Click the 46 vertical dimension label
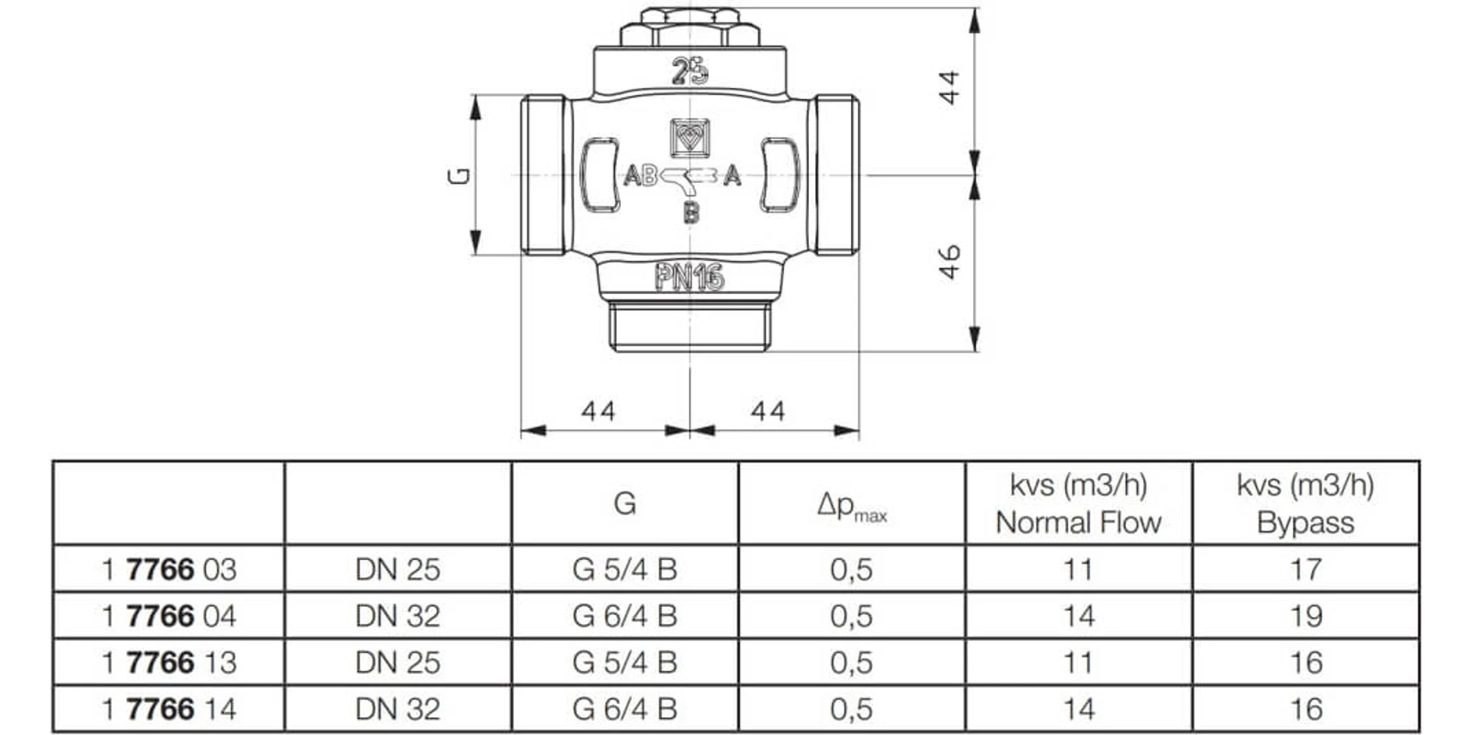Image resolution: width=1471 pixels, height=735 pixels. coord(950,262)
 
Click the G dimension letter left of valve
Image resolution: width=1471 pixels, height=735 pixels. coord(459,176)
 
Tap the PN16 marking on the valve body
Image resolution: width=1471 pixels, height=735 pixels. coord(690,278)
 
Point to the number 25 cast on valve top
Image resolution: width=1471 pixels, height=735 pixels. coord(690,72)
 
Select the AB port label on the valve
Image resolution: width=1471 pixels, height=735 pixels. coord(640,176)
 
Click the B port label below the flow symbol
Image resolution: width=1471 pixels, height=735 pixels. coord(691,213)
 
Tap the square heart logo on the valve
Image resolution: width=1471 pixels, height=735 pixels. coord(690,137)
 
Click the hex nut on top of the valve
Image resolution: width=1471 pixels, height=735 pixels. coord(690,28)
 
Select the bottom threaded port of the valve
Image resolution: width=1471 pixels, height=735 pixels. coord(690,326)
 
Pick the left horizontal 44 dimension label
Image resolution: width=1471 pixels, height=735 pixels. coord(598,411)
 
